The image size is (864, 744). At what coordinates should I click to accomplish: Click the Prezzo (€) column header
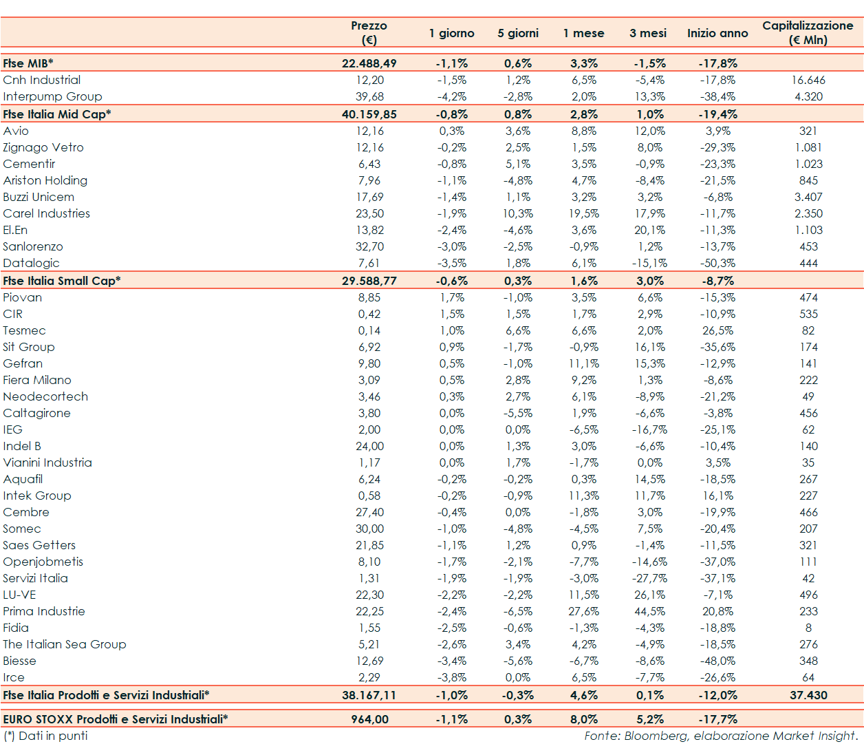coord(369,32)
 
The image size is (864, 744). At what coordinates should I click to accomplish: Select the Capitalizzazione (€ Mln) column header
coord(808,32)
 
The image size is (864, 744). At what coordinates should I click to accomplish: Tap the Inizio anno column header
coord(717,33)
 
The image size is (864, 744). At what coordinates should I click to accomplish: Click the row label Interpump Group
coord(52,96)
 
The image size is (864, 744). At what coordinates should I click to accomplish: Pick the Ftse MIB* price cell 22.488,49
coord(369,63)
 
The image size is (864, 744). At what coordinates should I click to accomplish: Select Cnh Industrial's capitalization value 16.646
coord(808,80)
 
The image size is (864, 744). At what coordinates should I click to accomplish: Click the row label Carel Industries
coord(47,213)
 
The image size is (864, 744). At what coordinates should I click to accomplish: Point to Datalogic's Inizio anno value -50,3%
coord(717,263)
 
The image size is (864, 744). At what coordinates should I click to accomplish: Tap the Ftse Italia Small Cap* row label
coord(62,281)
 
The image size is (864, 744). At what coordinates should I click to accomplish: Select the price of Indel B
coord(369,446)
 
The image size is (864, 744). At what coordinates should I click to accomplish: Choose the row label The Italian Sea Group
coord(65,644)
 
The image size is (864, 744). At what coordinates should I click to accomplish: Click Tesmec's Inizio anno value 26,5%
coord(717,330)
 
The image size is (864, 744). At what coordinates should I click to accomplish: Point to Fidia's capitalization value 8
coord(808,628)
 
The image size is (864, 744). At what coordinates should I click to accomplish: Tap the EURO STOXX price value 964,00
coord(369,719)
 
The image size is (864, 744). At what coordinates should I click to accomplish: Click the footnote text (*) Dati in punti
coord(45,736)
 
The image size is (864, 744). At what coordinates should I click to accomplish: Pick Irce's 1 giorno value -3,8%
coord(452,677)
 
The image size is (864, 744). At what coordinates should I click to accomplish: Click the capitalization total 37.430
coord(808,695)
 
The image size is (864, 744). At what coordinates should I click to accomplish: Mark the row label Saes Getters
coord(39,545)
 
